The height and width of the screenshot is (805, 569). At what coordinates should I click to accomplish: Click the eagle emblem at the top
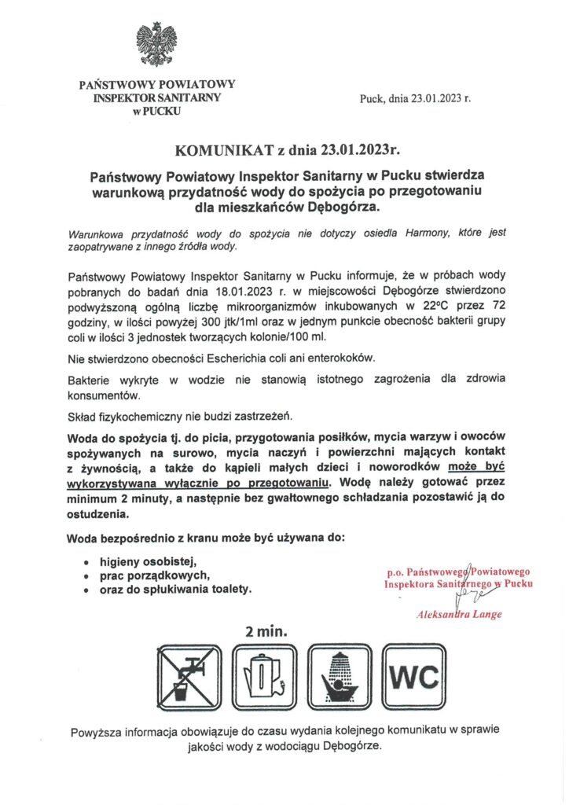coord(156,43)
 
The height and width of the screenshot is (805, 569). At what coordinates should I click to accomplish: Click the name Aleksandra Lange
coord(459,614)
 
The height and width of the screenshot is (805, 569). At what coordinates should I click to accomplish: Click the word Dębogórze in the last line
coord(347,745)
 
